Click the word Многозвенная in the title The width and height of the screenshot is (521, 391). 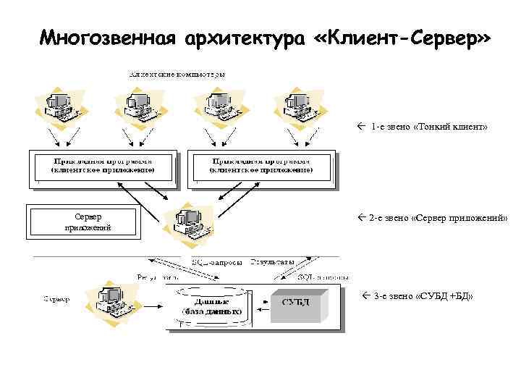pyautogui.click(x=109, y=38)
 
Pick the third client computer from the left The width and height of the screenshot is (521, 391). pyautogui.click(x=218, y=105)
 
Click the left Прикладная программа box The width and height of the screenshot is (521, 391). pyautogui.click(x=103, y=168)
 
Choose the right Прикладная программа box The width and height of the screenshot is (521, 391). pyautogui.click(x=261, y=168)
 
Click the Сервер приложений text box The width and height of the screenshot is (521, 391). pyautogui.click(x=79, y=222)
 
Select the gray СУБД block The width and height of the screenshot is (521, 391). pyautogui.click(x=297, y=303)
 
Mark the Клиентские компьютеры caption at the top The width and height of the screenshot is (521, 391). pyautogui.click(x=177, y=74)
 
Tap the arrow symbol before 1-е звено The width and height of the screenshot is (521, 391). pyautogui.click(x=362, y=127)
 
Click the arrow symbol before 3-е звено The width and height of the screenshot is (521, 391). pyautogui.click(x=365, y=297)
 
